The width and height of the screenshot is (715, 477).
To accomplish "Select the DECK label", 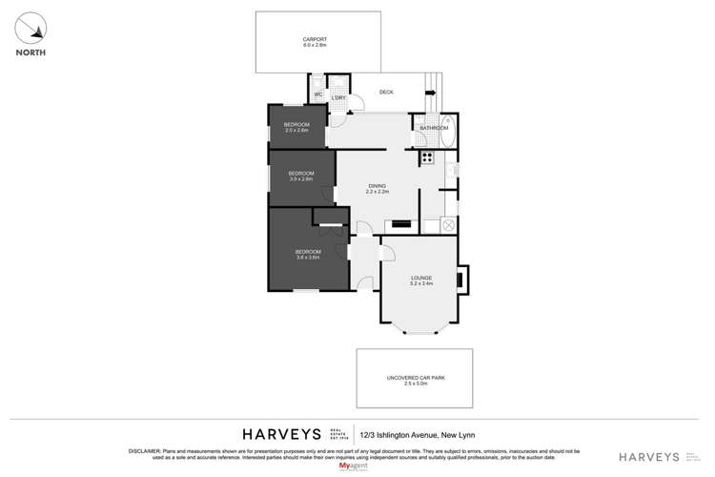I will pos(386,93).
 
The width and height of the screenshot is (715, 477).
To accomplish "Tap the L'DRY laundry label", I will pos(337,97).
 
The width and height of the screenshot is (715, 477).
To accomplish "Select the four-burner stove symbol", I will pos(427,157).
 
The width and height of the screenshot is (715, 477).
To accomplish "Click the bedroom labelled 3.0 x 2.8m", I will pos(301,176).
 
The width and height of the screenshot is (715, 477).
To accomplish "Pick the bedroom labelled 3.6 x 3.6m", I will pos(306,255).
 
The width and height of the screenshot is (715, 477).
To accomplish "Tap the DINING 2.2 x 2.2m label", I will pos(378,189).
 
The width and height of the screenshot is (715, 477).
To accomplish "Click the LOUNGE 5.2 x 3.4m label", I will pos(420,280).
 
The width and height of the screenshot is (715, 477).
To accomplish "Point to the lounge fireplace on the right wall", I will pos(461,280).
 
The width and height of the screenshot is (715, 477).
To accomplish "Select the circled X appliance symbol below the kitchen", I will pos(448,226).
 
